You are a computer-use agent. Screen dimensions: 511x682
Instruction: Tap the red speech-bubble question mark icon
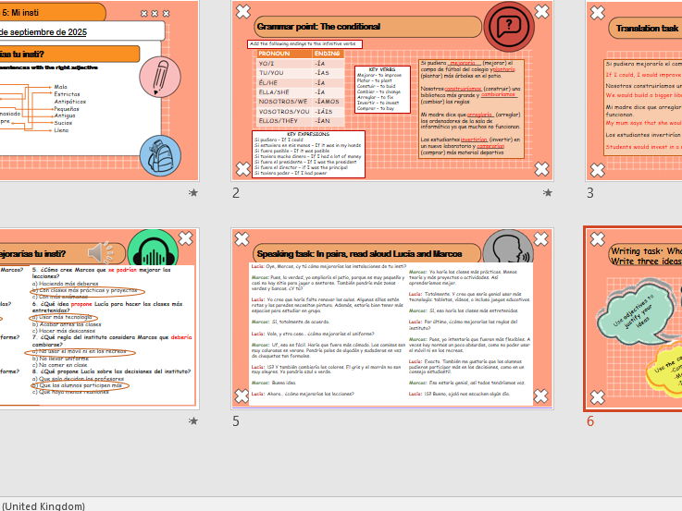point(508,26)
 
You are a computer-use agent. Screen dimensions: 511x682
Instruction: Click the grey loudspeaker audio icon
point(100,252)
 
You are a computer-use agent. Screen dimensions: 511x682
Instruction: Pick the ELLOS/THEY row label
point(279,121)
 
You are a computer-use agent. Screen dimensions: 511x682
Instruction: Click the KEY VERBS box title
point(382,69)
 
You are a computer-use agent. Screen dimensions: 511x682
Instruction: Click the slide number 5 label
point(236,421)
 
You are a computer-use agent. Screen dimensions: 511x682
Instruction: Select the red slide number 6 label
point(590,421)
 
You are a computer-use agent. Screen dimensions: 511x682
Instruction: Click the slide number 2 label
point(236,193)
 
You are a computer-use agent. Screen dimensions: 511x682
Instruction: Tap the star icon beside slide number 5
point(193,421)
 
